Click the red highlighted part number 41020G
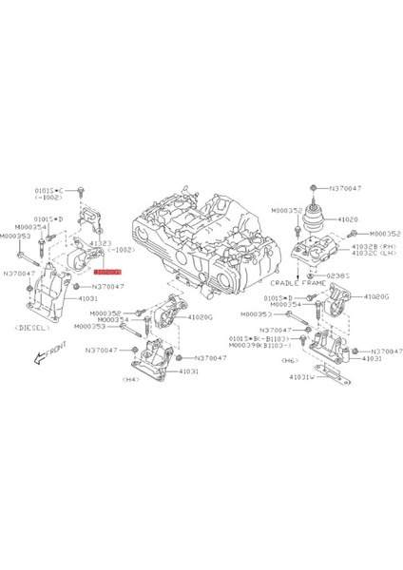tap(106, 271)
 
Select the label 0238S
tap(340, 275)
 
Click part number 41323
tap(101, 244)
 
